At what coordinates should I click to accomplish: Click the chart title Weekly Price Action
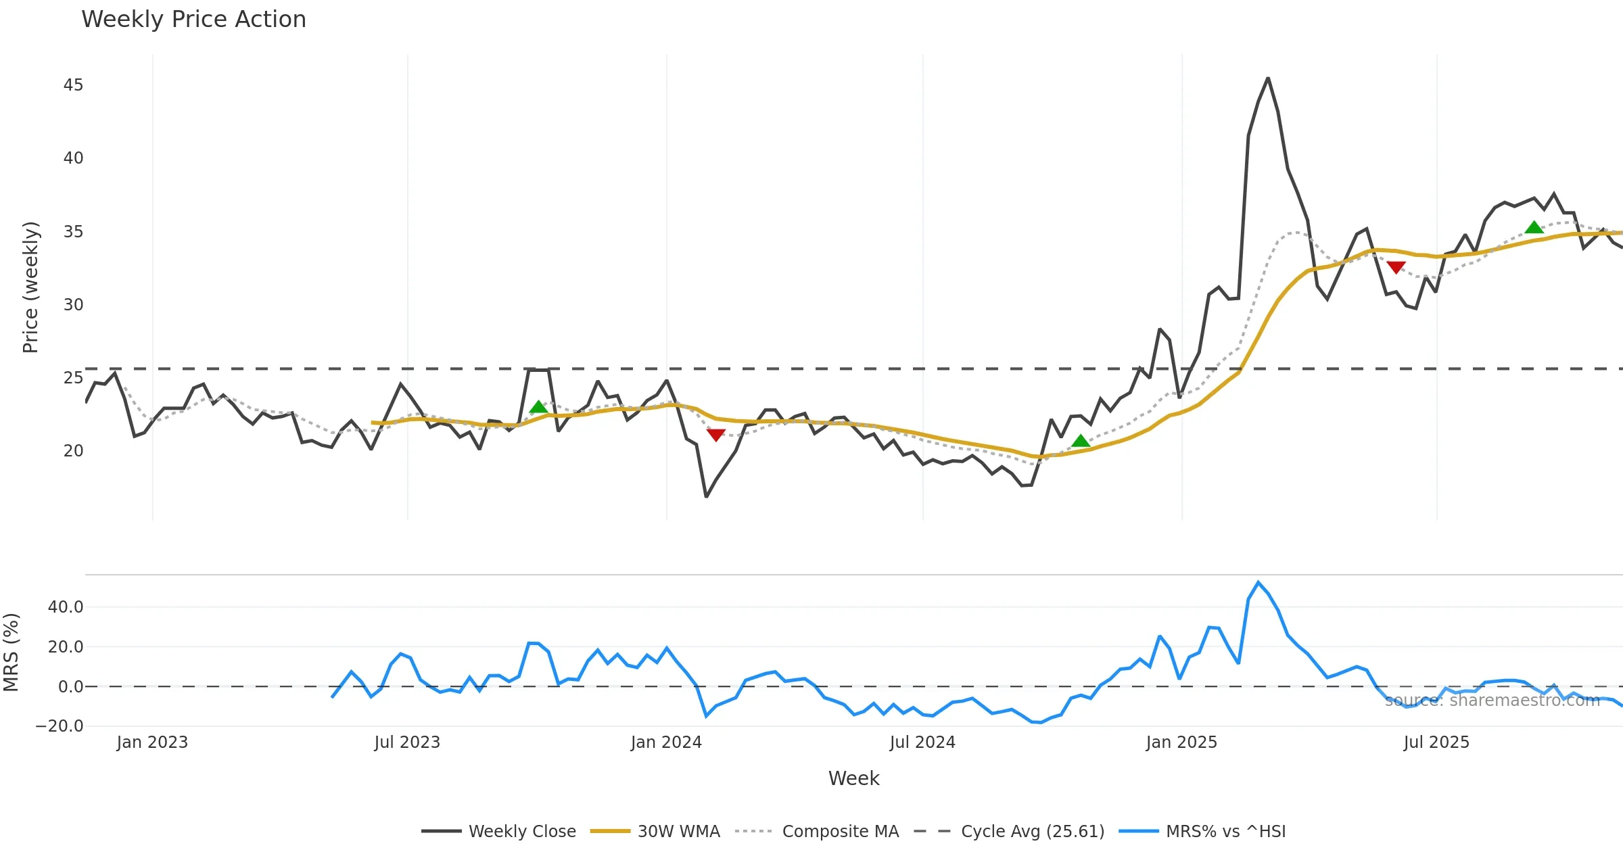click(193, 20)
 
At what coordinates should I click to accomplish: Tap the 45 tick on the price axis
click(73, 85)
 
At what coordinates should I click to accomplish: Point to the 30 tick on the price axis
click(73, 305)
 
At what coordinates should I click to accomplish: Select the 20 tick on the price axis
click(73, 451)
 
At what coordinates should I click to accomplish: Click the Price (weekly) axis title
click(30, 287)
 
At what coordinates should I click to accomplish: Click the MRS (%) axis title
click(11, 653)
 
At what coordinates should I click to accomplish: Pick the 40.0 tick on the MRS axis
click(66, 607)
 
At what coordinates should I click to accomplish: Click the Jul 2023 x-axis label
click(407, 742)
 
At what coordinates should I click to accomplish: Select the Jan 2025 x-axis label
click(1181, 742)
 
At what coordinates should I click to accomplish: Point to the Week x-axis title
click(853, 779)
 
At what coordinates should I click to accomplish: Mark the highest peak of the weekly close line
click(1268, 78)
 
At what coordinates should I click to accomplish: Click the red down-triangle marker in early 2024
click(716, 435)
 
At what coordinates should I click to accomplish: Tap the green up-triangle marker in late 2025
click(1534, 227)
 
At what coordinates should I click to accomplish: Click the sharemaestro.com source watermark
click(1492, 701)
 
